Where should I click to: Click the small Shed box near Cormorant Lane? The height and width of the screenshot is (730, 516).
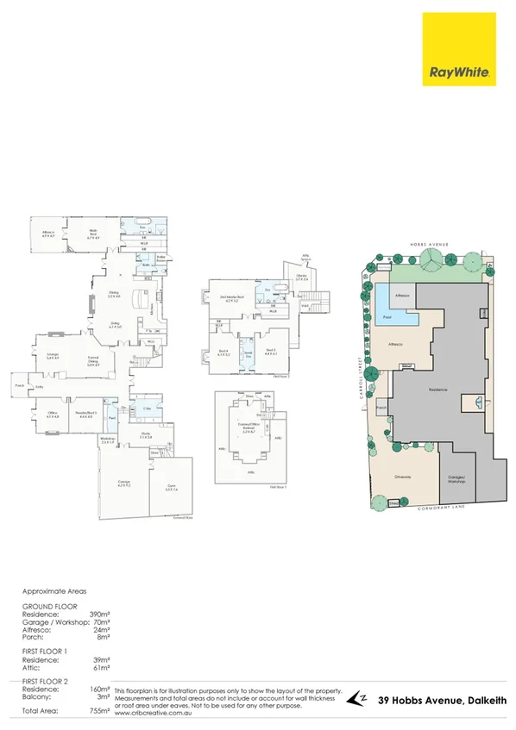[394, 503]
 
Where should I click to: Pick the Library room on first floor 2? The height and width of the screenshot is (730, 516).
[301, 279]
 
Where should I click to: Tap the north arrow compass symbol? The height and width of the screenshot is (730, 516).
[357, 700]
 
